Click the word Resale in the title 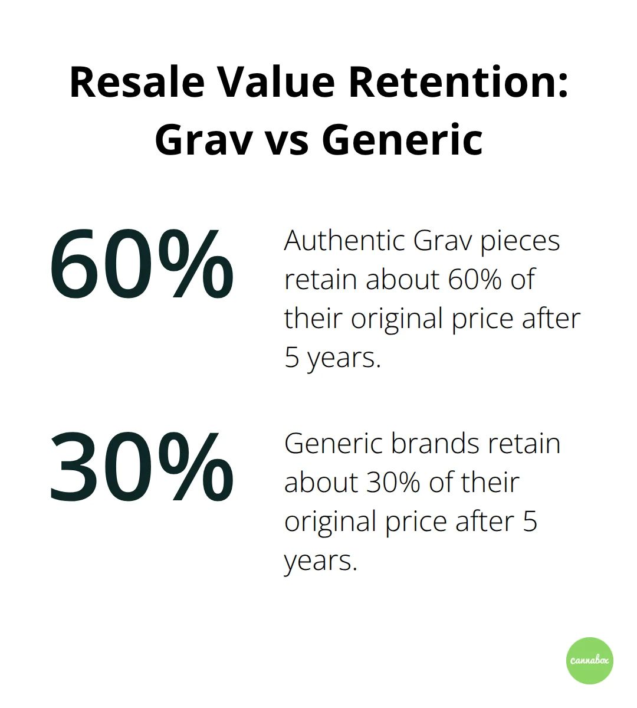pyautogui.click(x=137, y=82)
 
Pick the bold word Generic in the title pyautogui.click(x=402, y=140)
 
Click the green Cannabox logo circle pyautogui.click(x=589, y=661)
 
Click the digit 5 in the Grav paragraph pyautogui.click(x=292, y=358)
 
